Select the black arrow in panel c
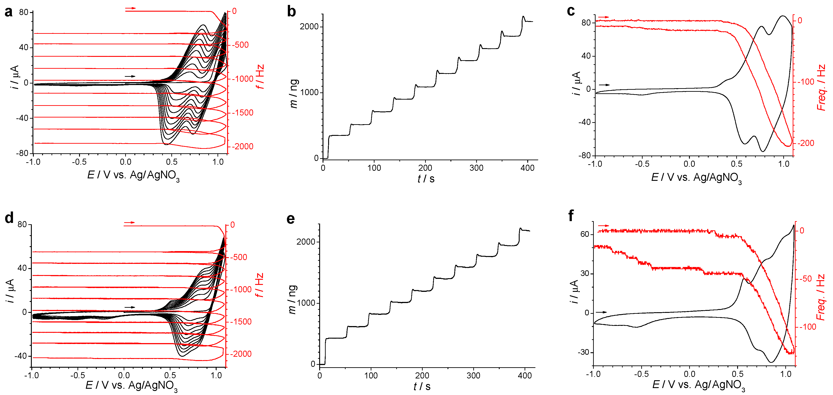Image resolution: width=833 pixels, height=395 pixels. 604,85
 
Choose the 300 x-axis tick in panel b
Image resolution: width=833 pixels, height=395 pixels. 476,168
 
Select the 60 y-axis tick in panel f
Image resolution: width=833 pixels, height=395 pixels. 585,234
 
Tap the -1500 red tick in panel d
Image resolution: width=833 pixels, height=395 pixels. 241,322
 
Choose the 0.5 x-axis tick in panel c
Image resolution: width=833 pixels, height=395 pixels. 736,164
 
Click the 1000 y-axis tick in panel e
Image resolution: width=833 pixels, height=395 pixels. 306,303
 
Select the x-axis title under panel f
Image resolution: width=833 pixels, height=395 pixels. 698,385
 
